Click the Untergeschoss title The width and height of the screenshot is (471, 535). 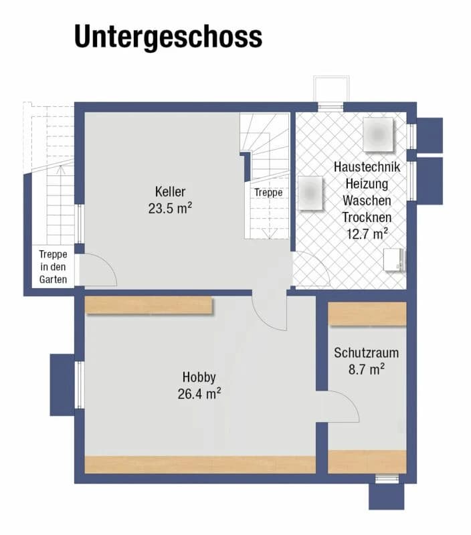point(167,37)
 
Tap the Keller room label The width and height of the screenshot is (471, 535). point(170,191)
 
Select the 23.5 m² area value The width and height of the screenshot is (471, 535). point(170,207)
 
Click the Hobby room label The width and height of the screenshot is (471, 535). point(199,377)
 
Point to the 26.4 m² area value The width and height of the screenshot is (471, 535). point(199,394)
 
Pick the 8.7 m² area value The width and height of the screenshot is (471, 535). point(367,368)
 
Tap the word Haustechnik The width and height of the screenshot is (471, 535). point(367,167)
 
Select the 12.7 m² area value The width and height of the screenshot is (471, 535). point(367,233)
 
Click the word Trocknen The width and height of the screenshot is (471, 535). point(367,217)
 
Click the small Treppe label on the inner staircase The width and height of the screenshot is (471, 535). point(268,193)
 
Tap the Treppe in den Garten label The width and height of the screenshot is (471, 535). point(53,266)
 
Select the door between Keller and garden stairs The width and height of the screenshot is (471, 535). point(98,270)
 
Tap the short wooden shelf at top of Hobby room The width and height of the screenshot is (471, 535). point(149,305)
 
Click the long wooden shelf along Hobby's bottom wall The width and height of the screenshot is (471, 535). point(199,464)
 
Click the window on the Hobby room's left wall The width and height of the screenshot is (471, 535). point(79,385)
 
